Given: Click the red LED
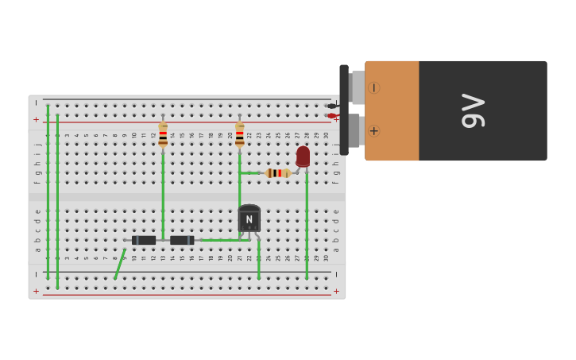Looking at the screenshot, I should tap(303, 156).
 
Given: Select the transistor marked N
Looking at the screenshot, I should tap(249, 219).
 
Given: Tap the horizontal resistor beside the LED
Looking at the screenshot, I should tap(277, 172).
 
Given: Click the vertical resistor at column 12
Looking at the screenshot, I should tap(163, 134).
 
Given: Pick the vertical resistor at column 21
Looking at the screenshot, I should tap(239, 134).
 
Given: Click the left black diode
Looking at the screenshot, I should tap(144, 240).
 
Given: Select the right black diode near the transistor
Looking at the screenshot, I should tap(182, 240).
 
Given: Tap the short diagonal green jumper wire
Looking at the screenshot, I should tap(119, 264).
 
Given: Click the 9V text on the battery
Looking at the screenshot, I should tap(473, 110).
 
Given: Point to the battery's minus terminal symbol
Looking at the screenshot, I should tap(373, 87).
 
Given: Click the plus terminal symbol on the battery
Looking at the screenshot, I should tap(373, 130).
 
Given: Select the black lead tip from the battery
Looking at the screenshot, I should tap(331, 106).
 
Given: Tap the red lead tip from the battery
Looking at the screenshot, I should tap(331, 116).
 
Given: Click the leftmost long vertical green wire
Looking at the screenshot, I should tap(48, 191).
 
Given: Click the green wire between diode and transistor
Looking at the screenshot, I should tap(218, 240).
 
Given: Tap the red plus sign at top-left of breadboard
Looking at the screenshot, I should tap(36, 119).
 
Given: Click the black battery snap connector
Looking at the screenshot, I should tap(344, 110).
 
